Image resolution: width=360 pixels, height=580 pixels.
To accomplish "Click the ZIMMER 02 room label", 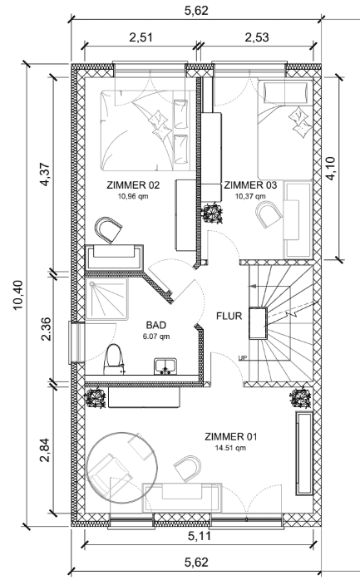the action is (x=133, y=185).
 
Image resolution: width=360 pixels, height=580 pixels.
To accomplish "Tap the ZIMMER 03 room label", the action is (x=250, y=185).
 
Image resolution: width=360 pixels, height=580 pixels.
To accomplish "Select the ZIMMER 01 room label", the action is (x=230, y=437).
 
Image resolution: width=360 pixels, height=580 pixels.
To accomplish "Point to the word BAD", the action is (x=156, y=325).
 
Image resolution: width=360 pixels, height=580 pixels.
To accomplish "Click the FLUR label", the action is (x=229, y=317).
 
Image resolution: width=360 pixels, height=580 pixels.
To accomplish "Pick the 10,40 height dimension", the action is (x=18, y=295).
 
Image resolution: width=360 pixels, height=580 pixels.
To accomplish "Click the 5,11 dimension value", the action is (x=200, y=536).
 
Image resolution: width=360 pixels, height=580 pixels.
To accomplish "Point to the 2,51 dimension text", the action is (x=141, y=37).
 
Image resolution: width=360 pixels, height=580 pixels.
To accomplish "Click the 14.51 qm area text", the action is (x=230, y=448).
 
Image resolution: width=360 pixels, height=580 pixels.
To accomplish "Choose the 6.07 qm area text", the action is (x=156, y=337).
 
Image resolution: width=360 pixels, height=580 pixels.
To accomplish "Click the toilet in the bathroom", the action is (x=114, y=360).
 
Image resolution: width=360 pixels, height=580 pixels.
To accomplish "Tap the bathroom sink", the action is (x=165, y=366).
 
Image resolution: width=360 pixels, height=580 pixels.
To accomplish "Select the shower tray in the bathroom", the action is (x=107, y=299).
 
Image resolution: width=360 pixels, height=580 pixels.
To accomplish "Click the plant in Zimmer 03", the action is (x=212, y=214).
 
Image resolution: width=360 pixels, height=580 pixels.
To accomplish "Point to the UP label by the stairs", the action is (x=243, y=357).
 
